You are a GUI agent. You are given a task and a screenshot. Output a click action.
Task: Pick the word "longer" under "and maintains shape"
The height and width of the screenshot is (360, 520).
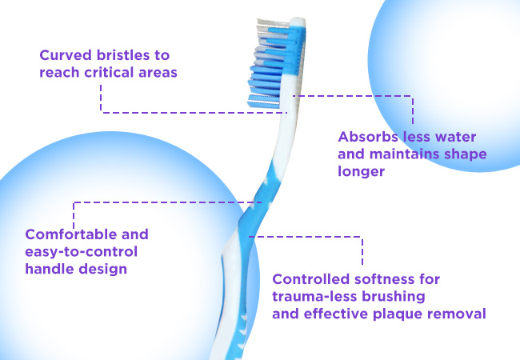tap(361, 171)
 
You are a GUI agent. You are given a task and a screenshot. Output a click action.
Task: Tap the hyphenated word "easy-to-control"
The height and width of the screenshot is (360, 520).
tap(82, 252)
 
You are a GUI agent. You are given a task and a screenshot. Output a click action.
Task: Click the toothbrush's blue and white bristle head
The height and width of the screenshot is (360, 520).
tap(275, 63)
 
